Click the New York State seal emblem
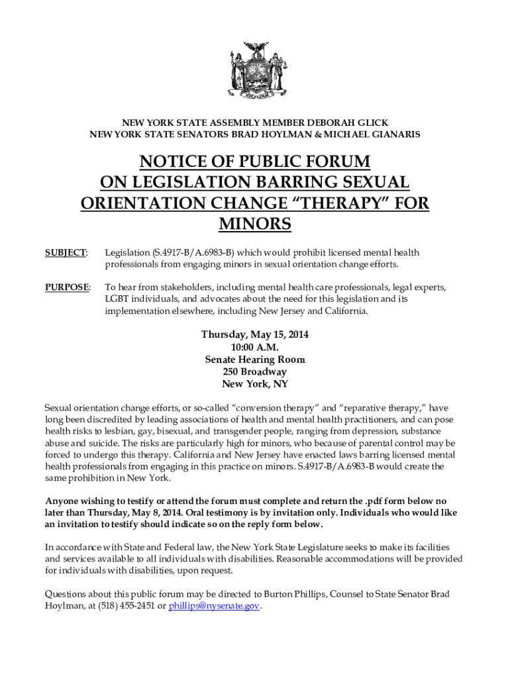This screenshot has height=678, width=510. [255, 72]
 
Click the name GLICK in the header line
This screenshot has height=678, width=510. [372, 123]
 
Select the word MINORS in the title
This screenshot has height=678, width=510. [255, 224]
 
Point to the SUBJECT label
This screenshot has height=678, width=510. [65, 253]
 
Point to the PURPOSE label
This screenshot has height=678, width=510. [66, 287]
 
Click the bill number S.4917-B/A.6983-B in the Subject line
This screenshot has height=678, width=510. [195, 253]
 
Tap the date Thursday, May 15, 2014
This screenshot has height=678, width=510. [255, 335]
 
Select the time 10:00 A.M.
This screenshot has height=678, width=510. [255, 348]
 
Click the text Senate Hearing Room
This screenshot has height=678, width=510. [255, 360]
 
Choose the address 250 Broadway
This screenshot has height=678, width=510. [255, 372]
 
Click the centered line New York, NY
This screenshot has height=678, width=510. [255, 384]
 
